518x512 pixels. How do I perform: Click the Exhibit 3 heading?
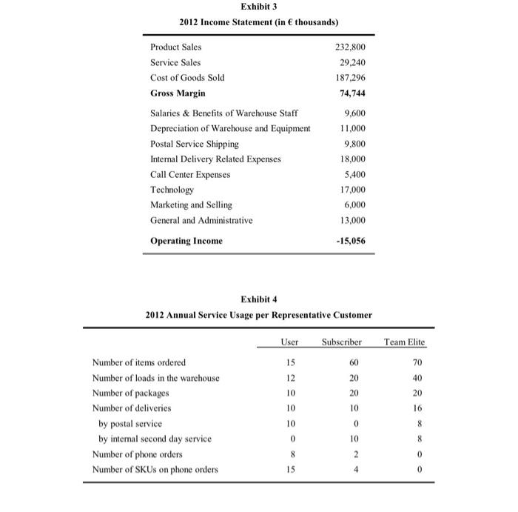[258, 7]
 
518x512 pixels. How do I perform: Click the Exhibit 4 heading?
[258, 299]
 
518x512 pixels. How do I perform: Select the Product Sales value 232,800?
[350, 47]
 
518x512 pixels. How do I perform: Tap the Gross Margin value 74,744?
[351, 93]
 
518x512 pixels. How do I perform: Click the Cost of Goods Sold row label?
[187, 78]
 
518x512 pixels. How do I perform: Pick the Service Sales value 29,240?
[352, 63]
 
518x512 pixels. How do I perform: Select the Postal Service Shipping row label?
[195, 143]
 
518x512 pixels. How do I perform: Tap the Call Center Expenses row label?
[190, 174]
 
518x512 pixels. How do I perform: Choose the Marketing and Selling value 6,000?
[354, 205]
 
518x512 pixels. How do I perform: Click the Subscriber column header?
[341, 342]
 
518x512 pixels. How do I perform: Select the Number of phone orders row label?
[138, 454]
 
